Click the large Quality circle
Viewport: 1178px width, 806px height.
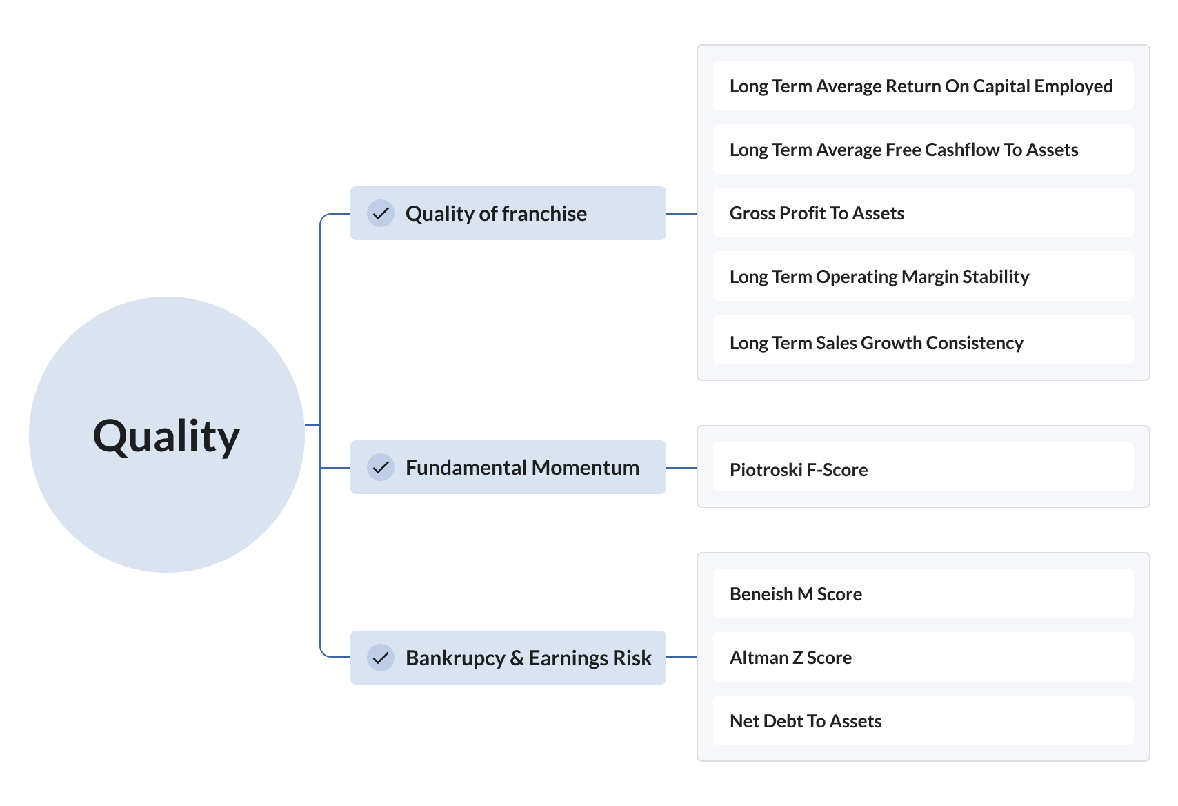coord(166,435)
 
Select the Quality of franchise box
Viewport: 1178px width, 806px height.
coord(508,213)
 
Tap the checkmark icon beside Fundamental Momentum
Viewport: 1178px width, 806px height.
coord(381,467)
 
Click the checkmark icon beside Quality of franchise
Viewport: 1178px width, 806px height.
coord(381,213)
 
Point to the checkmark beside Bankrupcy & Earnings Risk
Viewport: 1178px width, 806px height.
coord(381,658)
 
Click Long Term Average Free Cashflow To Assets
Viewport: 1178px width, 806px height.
coord(904,150)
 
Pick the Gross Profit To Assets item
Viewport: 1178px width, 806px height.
coord(817,213)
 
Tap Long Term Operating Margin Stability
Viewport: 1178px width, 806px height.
coord(879,277)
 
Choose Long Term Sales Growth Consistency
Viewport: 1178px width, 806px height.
coord(876,343)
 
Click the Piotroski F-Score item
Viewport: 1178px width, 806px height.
coord(799,470)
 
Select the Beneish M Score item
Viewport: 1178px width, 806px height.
coord(796,594)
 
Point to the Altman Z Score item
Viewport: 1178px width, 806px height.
coord(790,658)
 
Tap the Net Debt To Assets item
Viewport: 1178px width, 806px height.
coord(806,721)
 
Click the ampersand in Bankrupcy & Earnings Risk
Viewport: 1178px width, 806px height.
coord(517,658)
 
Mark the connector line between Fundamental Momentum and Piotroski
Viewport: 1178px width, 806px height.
coord(681,468)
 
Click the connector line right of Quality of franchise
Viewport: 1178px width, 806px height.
coord(681,214)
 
